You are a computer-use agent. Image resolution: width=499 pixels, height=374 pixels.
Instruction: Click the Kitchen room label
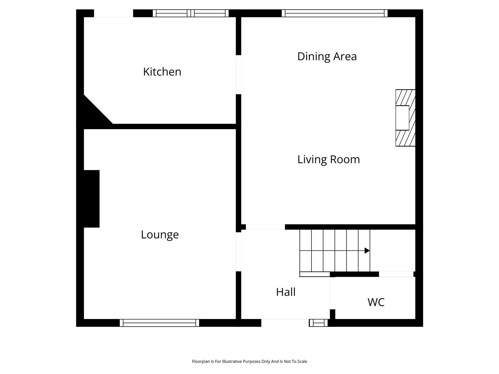(x=162, y=72)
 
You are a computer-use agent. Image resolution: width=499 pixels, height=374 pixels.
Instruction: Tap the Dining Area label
(x=327, y=56)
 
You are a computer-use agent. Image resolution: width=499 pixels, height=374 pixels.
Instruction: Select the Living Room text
(x=329, y=159)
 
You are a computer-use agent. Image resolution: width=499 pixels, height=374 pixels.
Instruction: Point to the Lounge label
(x=160, y=235)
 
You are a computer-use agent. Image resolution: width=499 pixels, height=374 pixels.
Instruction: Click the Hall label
(x=286, y=292)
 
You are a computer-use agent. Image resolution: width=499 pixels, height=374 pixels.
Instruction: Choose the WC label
(x=376, y=302)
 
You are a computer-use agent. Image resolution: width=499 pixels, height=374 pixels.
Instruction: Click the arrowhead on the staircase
(x=367, y=250)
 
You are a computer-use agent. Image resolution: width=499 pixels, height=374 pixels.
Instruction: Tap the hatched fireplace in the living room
(x=405, y=118)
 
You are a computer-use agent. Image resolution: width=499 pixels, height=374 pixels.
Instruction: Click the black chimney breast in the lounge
(x=91, y=199)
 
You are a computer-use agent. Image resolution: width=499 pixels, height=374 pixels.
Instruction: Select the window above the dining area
(x=334, y=13)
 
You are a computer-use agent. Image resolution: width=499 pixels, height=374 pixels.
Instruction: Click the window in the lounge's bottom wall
(x=159, y=323)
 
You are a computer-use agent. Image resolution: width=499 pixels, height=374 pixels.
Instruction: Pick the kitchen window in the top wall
(x=191, y=13)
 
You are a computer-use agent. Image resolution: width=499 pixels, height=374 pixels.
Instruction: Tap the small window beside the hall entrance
(x=318, y=323)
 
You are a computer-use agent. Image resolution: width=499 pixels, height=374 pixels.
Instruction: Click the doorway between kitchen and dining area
(x=238, y=74)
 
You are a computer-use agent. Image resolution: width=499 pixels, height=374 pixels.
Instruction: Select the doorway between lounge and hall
(x=238, y=252)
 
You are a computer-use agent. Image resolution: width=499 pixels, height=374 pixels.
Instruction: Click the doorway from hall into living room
(x=265, y=227)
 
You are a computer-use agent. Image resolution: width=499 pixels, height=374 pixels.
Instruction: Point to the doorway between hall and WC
(x=333, y=293)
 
